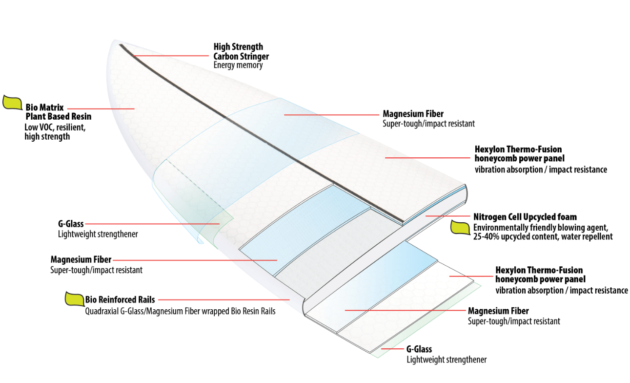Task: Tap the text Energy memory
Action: coord(238,65)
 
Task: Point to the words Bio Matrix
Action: coord(45,107)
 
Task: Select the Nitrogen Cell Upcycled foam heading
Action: coord(525,216)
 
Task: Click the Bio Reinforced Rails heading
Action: coord(120,299)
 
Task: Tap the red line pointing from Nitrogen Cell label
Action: coord(446,215)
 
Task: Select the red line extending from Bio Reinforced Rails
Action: coord(224,299)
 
